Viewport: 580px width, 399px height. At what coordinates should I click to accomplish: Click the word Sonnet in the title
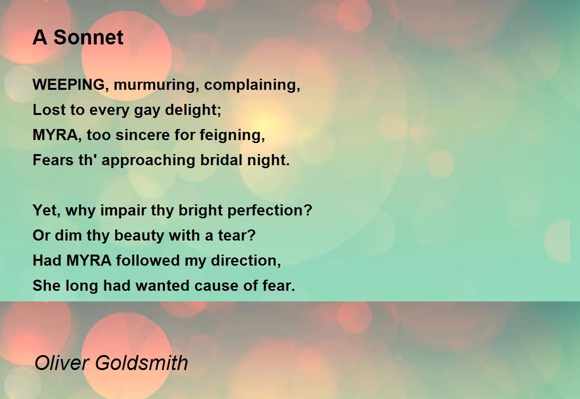88,37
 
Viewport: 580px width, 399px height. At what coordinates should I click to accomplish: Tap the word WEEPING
69,85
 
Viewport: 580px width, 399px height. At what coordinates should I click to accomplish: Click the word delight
193,110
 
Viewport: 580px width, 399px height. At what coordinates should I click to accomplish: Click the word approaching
148,160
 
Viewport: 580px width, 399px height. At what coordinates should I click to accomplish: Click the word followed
148,260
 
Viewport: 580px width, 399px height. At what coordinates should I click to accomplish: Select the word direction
246,260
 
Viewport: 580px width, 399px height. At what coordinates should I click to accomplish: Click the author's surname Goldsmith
142,363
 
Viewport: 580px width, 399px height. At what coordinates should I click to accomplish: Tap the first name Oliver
62,363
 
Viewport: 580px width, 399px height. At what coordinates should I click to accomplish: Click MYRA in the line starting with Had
89,260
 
